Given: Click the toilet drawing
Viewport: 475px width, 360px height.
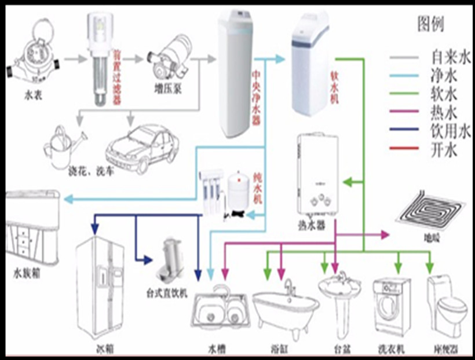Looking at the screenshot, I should tap(447, 307).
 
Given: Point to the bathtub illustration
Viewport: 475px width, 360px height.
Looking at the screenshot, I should tap(286, 310).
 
